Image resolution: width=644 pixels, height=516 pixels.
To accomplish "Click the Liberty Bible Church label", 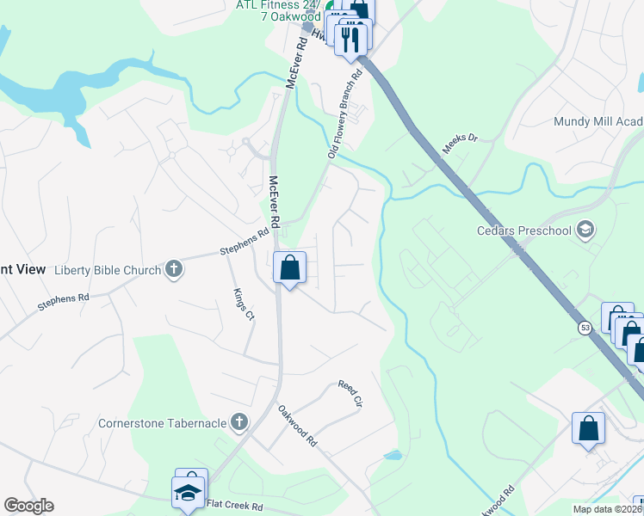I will click(x=108, y=270).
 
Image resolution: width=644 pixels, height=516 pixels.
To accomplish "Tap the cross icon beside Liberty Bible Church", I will click(x=173, y=270).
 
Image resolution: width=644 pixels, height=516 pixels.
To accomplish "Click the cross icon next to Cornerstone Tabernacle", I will click(x=238, y=422).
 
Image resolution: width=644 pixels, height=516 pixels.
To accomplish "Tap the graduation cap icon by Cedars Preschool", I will click(x=585, y=229).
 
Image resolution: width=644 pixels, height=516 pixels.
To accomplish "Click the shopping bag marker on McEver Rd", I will click(x=290, y=267).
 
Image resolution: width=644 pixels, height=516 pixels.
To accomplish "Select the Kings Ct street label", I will click(x=244, y=303).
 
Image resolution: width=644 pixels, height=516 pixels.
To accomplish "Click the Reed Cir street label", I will click(x=350, y=393).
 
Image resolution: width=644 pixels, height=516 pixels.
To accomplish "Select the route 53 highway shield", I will click(x=585, y=329).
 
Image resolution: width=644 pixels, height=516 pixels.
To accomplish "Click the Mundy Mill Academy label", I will click(x=598, y=122).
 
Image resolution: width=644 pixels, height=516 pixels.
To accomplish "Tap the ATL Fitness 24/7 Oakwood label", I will click(x=278, y=10).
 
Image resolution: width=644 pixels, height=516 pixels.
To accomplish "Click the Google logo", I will click(x=28, y=506).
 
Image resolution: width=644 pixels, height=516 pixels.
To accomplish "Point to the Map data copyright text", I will click(x=608, y=509).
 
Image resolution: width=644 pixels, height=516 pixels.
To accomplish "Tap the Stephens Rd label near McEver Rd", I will click(x=245, y=242).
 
